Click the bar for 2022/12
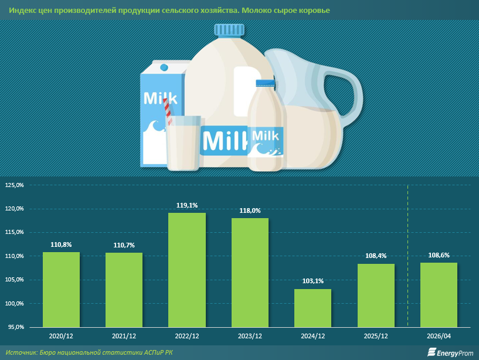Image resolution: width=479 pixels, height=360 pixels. pyautogui.click(x=187, y=270)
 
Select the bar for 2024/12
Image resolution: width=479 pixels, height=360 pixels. pyautogui.click(x=313, y=308)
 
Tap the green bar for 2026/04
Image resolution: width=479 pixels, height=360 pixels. pyautogui.click(x=439, y=295)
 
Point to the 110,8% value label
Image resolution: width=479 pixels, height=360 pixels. pyautogui.click(x=61, y=244)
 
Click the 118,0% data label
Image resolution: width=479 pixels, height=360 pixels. pyautogui.click(x=250, y=210)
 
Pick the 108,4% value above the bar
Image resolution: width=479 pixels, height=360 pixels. pyautogui.click(x=376, y=256)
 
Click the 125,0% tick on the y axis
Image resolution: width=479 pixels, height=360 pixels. pyautogui.click(x=14, y=185)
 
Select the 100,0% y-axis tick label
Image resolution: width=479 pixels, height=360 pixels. pyautogui.click(x=14, y=304)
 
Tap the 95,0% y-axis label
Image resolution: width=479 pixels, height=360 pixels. pyautogui.click(x=15, y=327)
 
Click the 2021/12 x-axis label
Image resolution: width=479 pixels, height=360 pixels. pyautogui.click(x=124, y=336)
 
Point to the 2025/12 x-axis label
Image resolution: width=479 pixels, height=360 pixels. pyautogui.click(x=376, y=336)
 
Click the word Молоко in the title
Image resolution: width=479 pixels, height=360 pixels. pyautogui.click(x=254, y=11)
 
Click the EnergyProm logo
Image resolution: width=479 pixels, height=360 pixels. pyautogui.click(x=450, y=352)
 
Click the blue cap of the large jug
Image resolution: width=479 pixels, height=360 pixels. pyautogui.click(x=229, y=30)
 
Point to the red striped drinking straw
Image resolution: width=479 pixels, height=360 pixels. pyautogui.click(x=168, y=111)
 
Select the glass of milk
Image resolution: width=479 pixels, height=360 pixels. pyautogui.click(x=183, y=142)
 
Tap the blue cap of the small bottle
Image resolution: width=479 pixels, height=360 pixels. pyautogui.click(x=265, y=83)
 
